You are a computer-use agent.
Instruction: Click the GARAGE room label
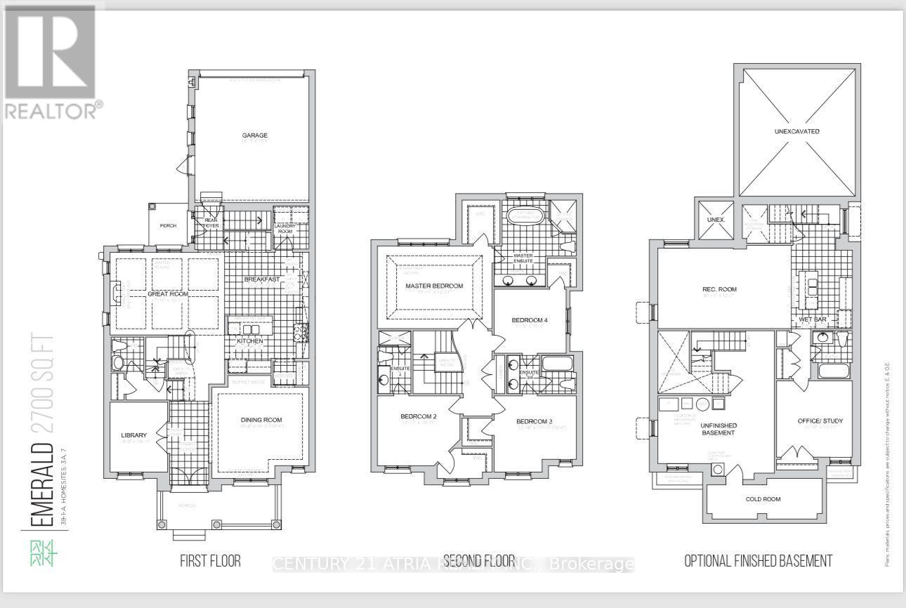254,136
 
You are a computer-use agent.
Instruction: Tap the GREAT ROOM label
167,293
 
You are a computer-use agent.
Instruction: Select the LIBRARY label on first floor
134,435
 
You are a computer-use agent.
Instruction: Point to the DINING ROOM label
261,420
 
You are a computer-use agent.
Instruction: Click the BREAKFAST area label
262,279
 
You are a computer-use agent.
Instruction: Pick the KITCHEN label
249,341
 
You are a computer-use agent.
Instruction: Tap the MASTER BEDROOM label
434,286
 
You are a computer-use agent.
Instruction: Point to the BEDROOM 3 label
534,421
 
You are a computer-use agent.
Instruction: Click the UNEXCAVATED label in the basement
796,131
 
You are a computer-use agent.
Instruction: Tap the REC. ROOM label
719,289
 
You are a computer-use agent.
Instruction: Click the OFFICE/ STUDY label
820,421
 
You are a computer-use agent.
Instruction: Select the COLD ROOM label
763,499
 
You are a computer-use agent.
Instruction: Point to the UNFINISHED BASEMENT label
718,429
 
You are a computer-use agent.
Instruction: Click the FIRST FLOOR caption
210,560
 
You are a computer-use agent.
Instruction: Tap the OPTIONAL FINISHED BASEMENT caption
758,560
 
